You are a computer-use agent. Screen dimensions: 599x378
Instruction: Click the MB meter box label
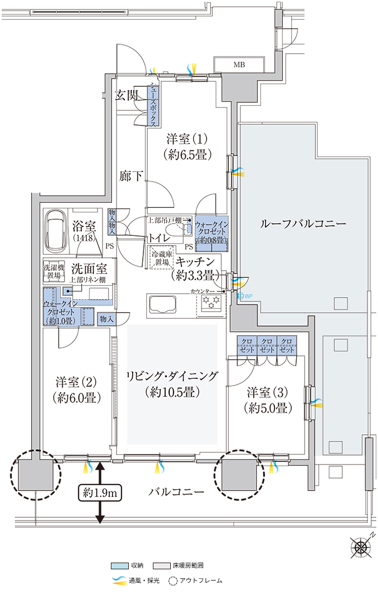pos(239,64)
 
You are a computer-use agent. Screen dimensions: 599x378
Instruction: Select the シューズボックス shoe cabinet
pos(153,105)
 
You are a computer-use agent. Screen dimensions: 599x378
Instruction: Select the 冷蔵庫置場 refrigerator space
pos(162,258)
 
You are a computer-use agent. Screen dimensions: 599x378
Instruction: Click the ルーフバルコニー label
pos(303,224)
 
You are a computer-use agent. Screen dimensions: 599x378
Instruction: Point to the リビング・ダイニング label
pos(172,383)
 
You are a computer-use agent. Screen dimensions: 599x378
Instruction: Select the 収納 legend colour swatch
pos(119,566)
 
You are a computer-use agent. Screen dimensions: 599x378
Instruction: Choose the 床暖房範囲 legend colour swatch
pos(162,566)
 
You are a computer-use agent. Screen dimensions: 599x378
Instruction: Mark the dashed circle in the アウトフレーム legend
pos(173,581)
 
